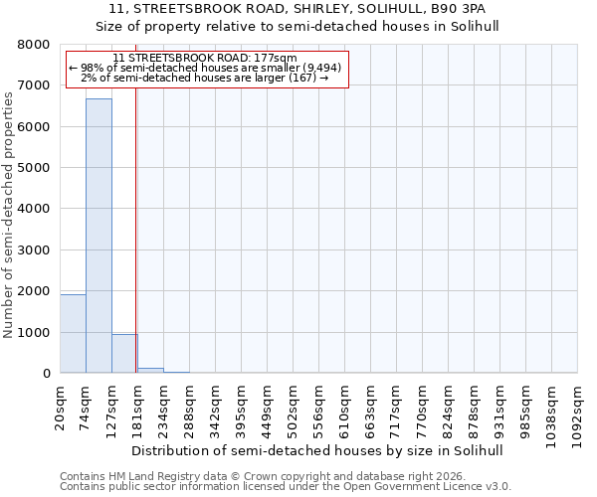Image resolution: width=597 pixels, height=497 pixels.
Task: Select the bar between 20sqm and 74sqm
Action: pos(73,334)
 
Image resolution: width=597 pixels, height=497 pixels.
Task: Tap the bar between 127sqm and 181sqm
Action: pos(124,354)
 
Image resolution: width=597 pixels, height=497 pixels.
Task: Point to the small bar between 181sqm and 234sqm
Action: pos(150,370)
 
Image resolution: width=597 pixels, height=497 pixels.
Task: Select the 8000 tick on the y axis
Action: pos(33,45)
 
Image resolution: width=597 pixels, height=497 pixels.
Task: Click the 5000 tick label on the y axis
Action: pos(33,168)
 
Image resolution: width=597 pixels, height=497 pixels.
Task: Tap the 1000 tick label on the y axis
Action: pos(33,332)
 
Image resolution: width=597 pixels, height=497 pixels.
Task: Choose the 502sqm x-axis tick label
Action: pos(294,407)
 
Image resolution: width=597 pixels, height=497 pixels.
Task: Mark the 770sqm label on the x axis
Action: pos(423,407)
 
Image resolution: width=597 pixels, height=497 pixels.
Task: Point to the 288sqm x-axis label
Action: pos(190,407)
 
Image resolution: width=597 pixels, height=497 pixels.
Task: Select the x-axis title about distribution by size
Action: pos(317,450)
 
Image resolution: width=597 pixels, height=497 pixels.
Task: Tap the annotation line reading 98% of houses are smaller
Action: pos(206,68)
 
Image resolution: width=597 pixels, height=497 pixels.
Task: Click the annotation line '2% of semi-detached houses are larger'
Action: pos(205,78)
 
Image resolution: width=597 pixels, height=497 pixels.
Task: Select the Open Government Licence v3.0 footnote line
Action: pos(285,487)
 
